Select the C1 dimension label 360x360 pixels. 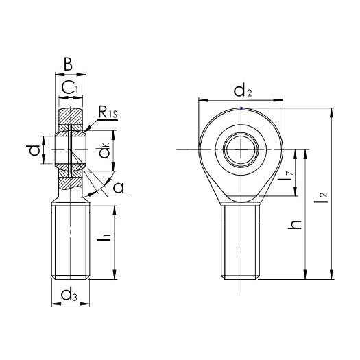pyautogui.click(x=70, y=88)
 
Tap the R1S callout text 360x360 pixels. pyautogui.click(x=108, y=112)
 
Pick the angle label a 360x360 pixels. pyautogui.click(x=119, y=187)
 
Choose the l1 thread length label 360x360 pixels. pyautogui.click(x=104, y=238)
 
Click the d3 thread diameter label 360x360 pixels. pyautogui.click(x=69, y=295)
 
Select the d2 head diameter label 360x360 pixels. pyautogui.click(x=243, y=91)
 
